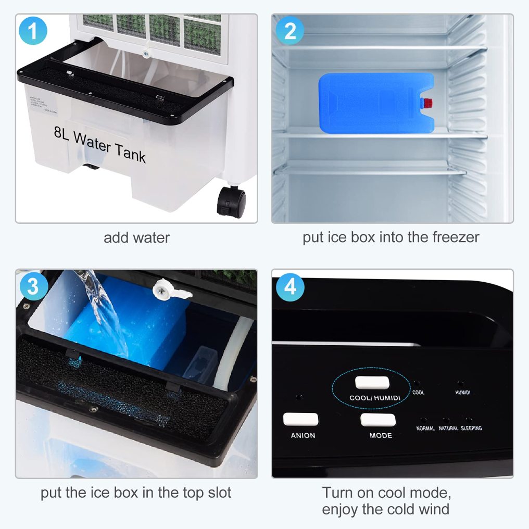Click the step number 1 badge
point(33,31)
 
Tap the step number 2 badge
point(290,31)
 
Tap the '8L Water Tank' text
point(99,145)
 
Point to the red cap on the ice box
point(427,103)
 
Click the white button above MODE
point(377,420)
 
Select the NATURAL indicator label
point(448,429)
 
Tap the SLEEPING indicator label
point(471,429)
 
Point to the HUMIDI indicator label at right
point(462,393)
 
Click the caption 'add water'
point(136,238)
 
